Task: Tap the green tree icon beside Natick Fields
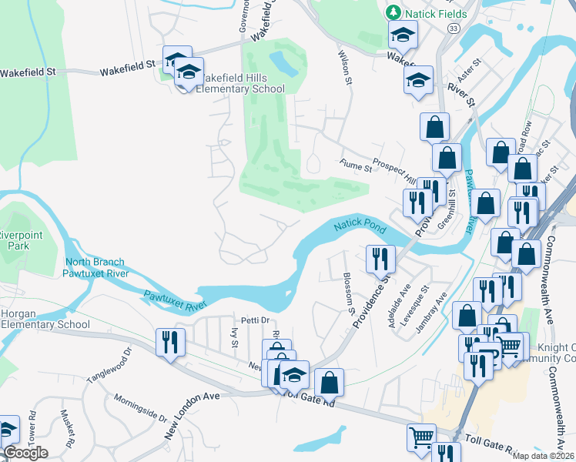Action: click(x=393, y=13)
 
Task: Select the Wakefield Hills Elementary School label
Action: click(x=240, y=83)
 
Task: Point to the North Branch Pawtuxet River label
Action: click(x=94, y=267)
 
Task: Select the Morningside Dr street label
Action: click(x=141, y=408)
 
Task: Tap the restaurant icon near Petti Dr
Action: click(x=169, y=341)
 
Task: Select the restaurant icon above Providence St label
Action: click(x=381, y=258)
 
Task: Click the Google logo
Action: click(x=25, y=453)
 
